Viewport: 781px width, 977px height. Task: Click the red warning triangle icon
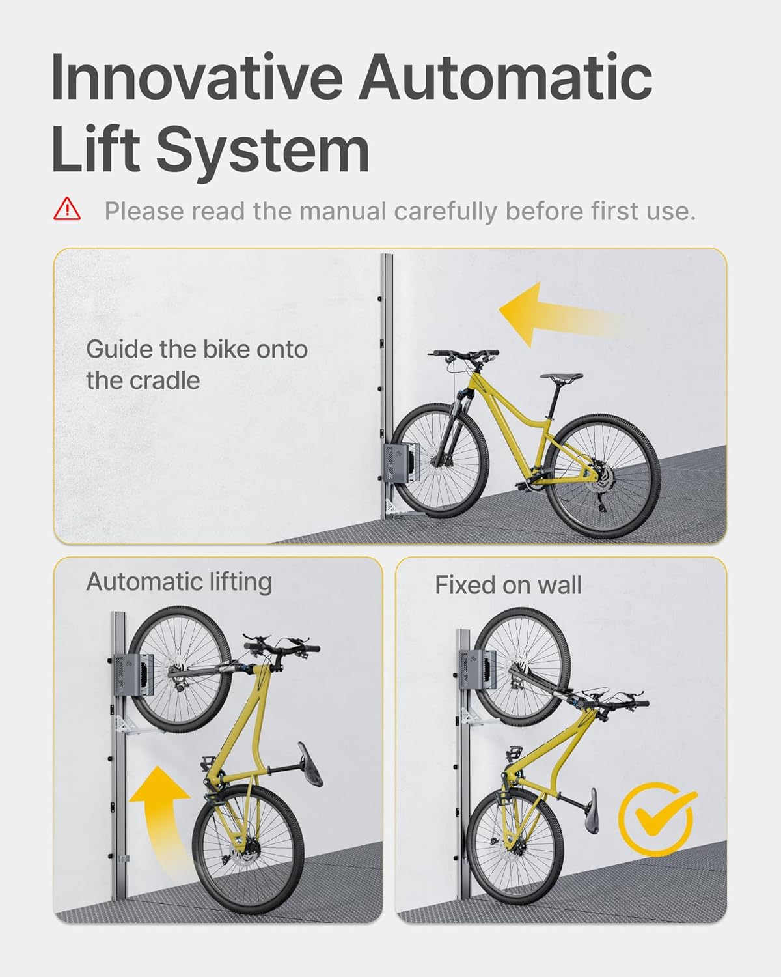(67, 210)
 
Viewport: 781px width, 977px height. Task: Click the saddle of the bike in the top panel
(565, 377)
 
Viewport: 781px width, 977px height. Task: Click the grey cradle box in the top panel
(400, 463)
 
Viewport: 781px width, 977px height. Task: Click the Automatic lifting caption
(179, 582)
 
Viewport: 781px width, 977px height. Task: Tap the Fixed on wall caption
(508, 585)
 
